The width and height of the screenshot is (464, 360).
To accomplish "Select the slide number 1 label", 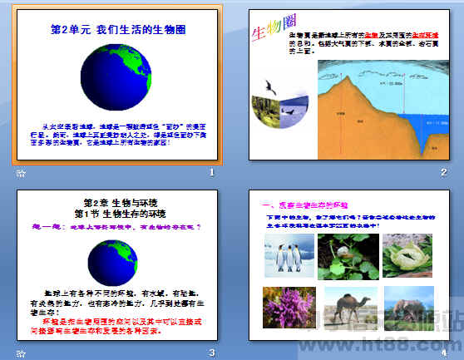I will click(212, 172).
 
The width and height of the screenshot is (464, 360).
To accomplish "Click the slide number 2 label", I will click(444, 172).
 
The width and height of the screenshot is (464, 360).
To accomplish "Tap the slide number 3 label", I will click(212, 353).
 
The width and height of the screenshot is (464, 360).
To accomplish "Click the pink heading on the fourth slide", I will click(305, 205).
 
